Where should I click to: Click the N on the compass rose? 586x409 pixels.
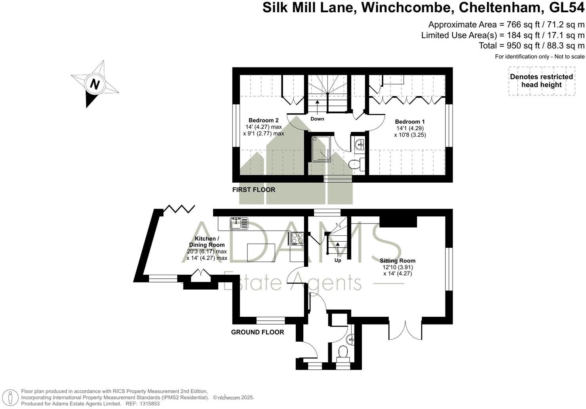[x=95, y=84]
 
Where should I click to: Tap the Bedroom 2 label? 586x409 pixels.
[x=263, y=120]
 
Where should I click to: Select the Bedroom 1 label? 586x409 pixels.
[x=410, y=122]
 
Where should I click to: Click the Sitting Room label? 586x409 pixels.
[x=398, y=260]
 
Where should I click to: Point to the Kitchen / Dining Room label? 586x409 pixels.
[x=207, y=242]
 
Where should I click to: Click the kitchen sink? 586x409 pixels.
[x=239, y=224]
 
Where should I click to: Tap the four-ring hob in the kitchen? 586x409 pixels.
[x=297, y=238]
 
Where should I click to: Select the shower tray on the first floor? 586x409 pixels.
[x=321, y=149]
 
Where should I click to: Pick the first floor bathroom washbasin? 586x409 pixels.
[x=360, y=144]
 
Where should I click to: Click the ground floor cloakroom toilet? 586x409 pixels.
[x=343, y=354]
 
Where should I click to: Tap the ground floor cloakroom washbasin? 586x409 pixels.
[x=350, y=340]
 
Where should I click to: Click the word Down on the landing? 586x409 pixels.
[x=317, y=118]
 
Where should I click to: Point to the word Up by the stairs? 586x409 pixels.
[x=338, y=260]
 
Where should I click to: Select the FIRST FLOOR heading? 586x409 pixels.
[x=254, y=189]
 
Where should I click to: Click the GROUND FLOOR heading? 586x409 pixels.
[x=257, y=332]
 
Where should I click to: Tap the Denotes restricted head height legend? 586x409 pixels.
[x=542, y=80]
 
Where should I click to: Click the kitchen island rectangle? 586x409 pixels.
[x=261, y=252]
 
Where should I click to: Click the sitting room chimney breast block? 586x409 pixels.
[x=398, y=222]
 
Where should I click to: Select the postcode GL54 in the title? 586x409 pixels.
[x=566, y=7]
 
